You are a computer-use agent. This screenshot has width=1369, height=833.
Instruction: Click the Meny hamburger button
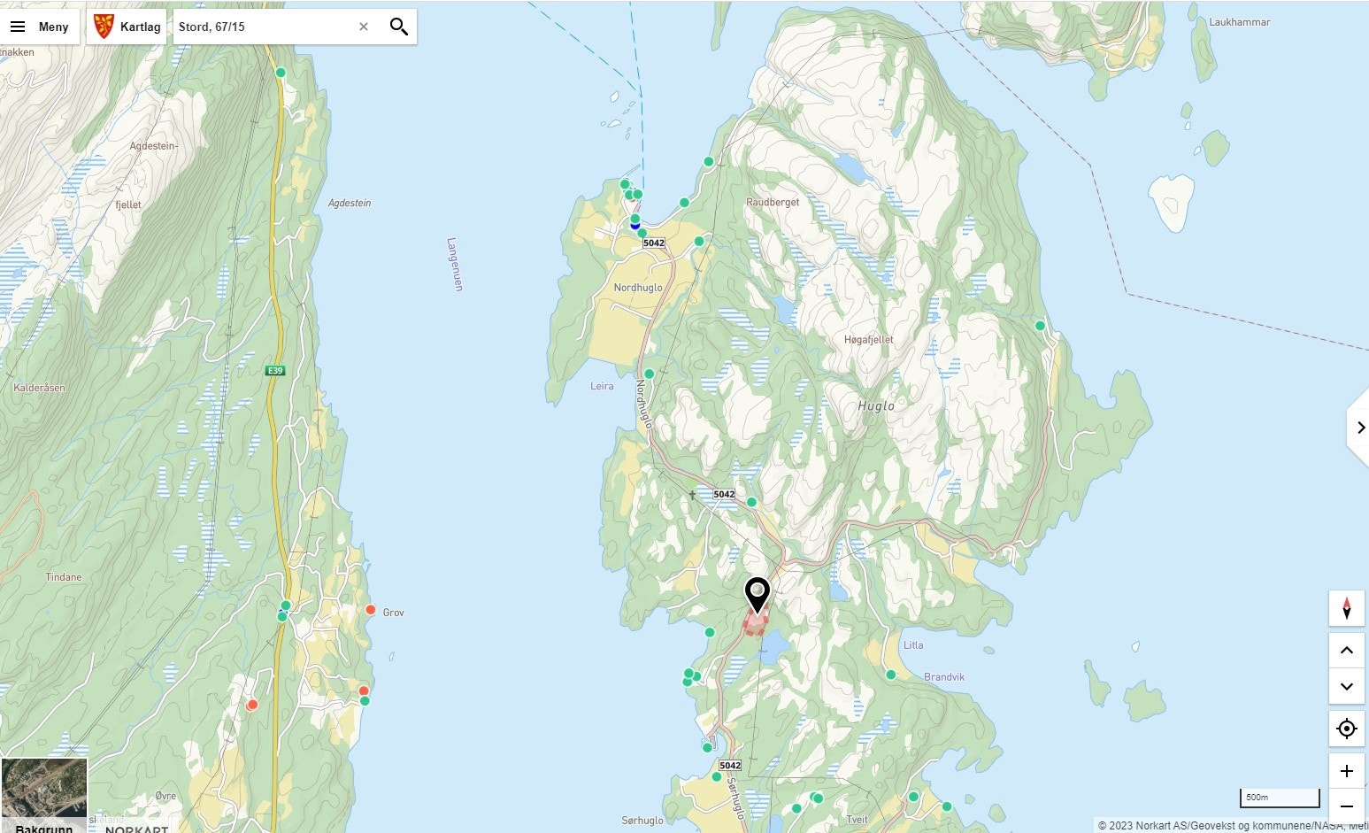(39, 27)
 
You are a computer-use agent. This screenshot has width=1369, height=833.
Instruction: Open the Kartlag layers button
(127, 27)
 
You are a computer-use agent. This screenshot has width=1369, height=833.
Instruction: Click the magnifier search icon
(399, 27)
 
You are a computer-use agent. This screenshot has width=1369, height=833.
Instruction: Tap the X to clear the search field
(363, 27)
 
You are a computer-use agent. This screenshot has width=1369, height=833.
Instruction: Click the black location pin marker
(758, 594)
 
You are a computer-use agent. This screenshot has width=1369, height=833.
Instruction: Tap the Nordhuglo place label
(637, 288)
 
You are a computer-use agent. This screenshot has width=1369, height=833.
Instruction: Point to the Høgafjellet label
(868, 340)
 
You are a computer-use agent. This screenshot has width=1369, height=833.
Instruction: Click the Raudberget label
(772, 202)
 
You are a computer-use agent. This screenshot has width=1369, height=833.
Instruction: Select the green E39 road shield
(275, 370)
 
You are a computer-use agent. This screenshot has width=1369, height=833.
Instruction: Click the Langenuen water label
(455, 264)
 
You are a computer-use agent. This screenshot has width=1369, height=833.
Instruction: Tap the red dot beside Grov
(371, 610)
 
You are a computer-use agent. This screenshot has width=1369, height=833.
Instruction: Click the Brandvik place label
(944, 677)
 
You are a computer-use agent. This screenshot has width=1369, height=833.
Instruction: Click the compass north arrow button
(1346, 608)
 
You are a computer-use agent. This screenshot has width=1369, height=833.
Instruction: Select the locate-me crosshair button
(1346, 729)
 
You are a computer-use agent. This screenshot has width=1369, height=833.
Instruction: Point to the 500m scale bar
(1279, 798)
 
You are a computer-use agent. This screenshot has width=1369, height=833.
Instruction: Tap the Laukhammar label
(1239, 22)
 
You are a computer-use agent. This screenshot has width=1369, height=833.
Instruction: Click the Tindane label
(64, 577)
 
